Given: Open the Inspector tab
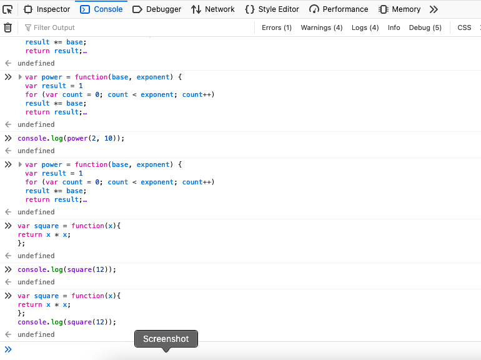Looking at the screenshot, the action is (x=47, y=9).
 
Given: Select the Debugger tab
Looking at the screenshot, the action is (x=157, y=9).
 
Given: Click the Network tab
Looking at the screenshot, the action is (x=213, y=9).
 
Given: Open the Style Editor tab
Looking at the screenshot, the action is (x=272, y=9).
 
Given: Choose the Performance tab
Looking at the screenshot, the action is (x=339, y=9).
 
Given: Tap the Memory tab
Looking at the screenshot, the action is (x=399, y=9).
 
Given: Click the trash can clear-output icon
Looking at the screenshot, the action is (x=7, y=27).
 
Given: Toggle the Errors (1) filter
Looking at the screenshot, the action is (x=276, y=27).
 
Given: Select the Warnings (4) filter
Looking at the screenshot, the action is (x=322, y=27).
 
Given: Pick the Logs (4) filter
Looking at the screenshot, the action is (x=365, y=27).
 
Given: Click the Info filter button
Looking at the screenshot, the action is (x=394, y=27).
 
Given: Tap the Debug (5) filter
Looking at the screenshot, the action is (x=425, y=27).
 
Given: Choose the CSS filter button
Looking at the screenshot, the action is (x=464, y=27).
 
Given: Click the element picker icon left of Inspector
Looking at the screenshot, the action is (x=7, y=9).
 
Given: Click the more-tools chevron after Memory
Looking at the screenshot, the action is (x=434, y=9).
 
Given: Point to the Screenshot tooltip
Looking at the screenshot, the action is (x=166, y=339).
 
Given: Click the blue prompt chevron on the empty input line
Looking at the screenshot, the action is (x=8, y=349).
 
